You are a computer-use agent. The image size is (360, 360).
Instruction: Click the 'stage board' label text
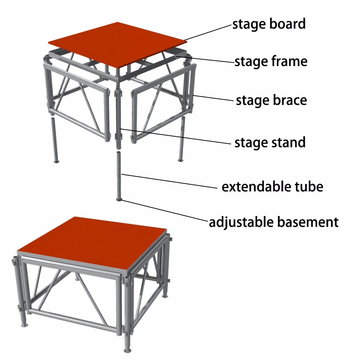pos(269,24)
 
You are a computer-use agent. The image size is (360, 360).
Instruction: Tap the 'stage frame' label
pos(271,62)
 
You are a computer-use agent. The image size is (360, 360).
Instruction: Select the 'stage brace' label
pos(271,100)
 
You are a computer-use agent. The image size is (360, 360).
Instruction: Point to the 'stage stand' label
pos(270,143)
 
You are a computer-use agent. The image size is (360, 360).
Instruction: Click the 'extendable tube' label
pos(272,187)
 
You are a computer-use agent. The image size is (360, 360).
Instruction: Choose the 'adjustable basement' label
pos(274,222)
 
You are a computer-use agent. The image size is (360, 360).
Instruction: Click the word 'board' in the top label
pos(289,24)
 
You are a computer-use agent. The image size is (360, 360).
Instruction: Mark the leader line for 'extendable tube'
pos(169,181)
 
